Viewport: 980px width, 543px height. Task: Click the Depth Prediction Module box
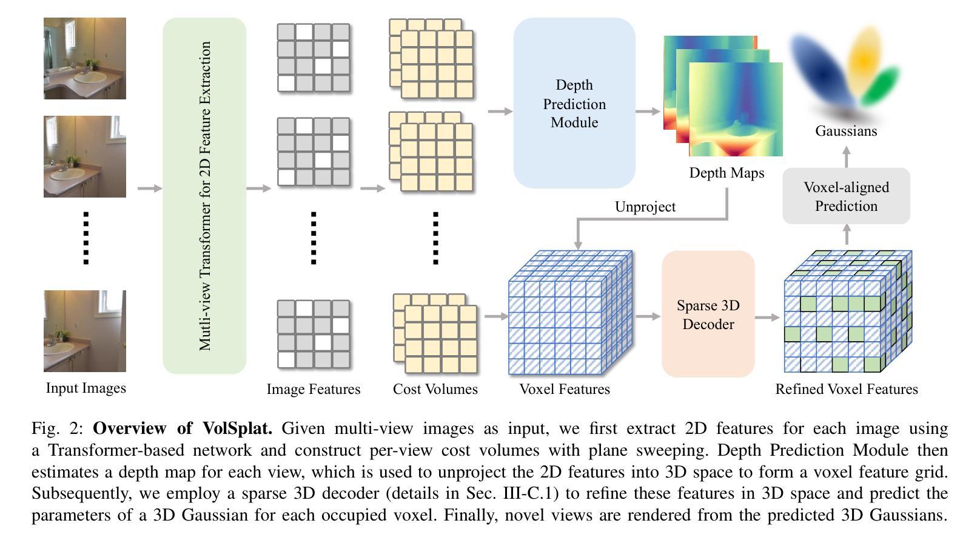(574, 103)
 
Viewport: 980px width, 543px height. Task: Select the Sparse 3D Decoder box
(708, 314)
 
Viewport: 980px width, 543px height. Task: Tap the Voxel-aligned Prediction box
(846, 196)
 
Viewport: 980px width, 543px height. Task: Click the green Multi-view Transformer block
(204, 195)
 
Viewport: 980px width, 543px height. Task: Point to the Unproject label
(645, 207)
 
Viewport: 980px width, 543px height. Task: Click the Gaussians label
(846, 131)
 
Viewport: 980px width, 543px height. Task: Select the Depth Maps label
(727, 173)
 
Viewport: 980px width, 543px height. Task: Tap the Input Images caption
(86, 388)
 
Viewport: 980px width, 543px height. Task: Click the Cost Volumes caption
(435, 389)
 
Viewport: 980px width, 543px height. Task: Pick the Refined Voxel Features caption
(847, 389)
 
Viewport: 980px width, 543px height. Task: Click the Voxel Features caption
(565, 389)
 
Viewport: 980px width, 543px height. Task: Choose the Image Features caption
(314, 389)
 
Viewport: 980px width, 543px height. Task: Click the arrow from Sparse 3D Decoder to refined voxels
(768, 317)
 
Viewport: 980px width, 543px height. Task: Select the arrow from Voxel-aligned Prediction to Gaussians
(847, 156)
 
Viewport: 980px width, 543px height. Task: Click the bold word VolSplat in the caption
(238, 428)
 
